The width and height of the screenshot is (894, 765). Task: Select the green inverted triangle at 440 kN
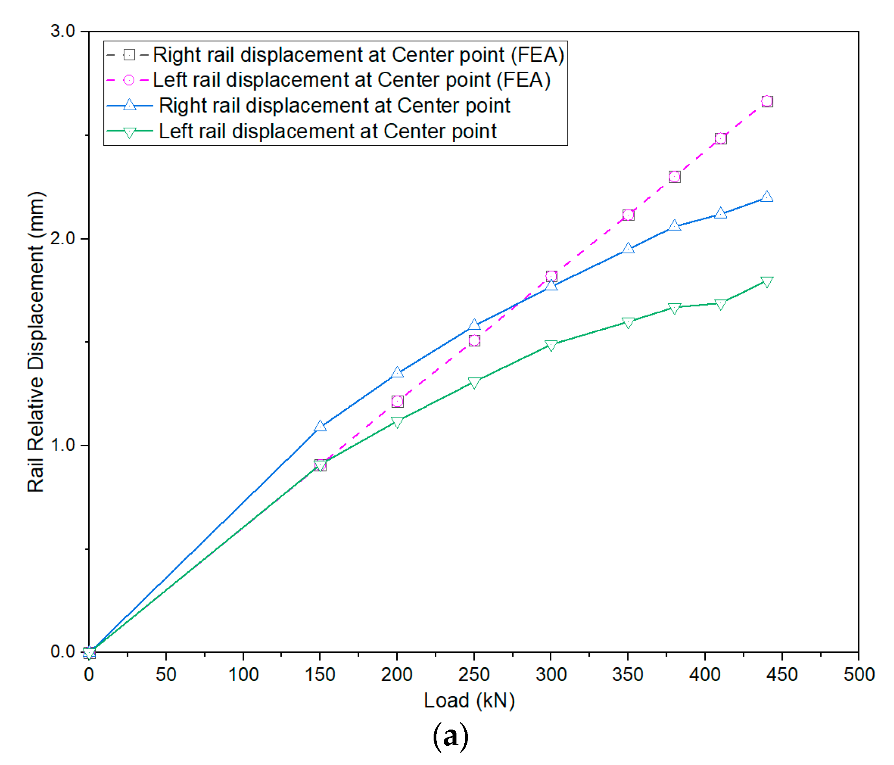click(x=767, y=282)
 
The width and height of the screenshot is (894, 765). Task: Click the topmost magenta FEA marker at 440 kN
click(x=767, y=101)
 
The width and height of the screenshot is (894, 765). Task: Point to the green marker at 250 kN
click(x=474, y=383)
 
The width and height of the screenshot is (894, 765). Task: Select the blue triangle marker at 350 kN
click(x=628, y=249)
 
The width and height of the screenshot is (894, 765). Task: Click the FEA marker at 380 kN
click(x=674, y=177)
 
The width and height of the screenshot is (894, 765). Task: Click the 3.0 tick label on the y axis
click(x=63, y=31)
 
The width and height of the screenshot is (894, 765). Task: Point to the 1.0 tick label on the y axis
click(x=63, y=445)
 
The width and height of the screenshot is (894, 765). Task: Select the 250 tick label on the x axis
click(x=474, y=675)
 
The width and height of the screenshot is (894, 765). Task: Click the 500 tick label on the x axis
click(x=859, y=675)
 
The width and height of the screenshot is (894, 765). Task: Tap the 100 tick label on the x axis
click(x=243, y=675)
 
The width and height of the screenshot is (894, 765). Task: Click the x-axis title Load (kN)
click(x=469, y=701)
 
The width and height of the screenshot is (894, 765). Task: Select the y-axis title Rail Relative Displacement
click(x=36, y=342)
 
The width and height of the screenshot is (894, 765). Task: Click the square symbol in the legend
click(x=129, y=55)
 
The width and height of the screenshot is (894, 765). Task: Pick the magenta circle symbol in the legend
click(x=129, y=80)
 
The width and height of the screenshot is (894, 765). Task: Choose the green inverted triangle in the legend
click(x=130, y=132)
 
